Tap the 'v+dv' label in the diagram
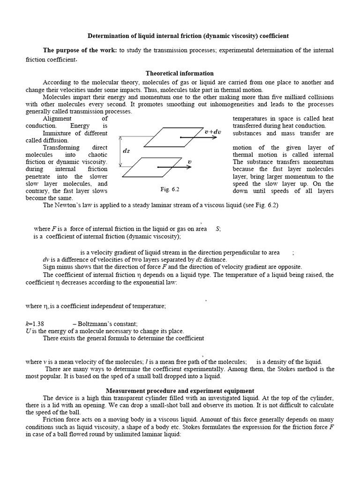click(x=212, y=132)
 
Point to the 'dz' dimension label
click(x=126, y=151)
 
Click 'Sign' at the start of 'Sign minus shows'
click(x=49, y=267)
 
